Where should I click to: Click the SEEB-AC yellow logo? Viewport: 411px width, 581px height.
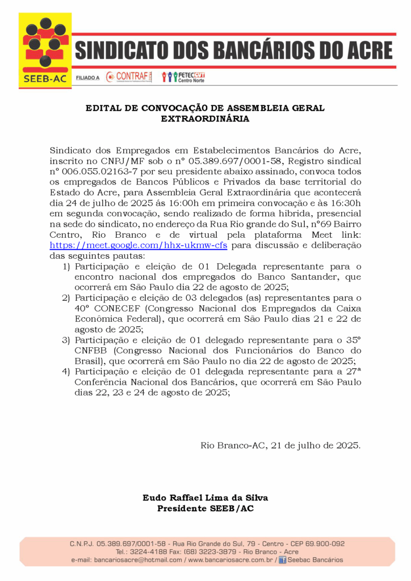pyautogui.click(x=45, y=50)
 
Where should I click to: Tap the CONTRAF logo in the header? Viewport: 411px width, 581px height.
pyautogui.click(x=129, y=77)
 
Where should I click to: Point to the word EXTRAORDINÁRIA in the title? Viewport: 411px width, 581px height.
pyautogui.click(x=205, y=119)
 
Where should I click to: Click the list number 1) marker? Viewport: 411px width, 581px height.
pyautogui.click(x=66, y=266)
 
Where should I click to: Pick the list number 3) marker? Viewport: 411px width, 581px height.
pyautogui.click(x=66, y=340)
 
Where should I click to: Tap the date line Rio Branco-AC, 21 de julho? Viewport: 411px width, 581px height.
pyautogui.click(x=280, y=445)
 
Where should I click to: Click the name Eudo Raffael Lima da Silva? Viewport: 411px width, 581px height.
pyautogui.click(x=205, y=498)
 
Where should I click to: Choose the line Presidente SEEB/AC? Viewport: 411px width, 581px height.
pyautogui.click(x=205, y=508)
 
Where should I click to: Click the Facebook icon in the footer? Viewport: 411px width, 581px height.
pyautogui.click(x=282, y=560)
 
